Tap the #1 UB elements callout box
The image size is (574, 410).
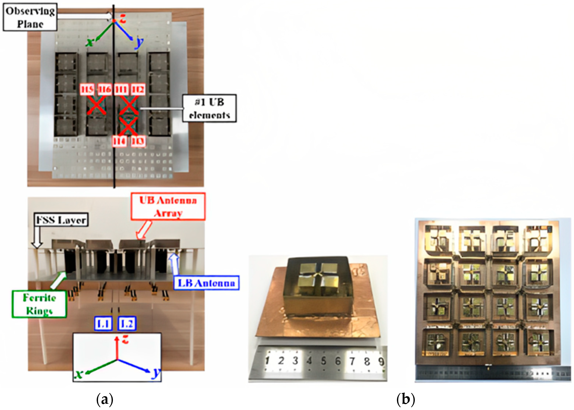[209, 108]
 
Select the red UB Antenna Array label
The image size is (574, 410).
[168, 206]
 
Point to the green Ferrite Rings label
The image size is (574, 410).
[39, 304]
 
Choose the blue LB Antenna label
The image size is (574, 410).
[206, 283]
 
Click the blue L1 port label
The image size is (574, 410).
[103, 323]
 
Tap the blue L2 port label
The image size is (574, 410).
[127, 323]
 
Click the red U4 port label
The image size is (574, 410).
[119, 141]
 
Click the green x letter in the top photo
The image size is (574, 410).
[89, 42]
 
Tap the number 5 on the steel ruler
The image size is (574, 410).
[323, 361]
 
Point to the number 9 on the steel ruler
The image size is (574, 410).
[381, 362]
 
